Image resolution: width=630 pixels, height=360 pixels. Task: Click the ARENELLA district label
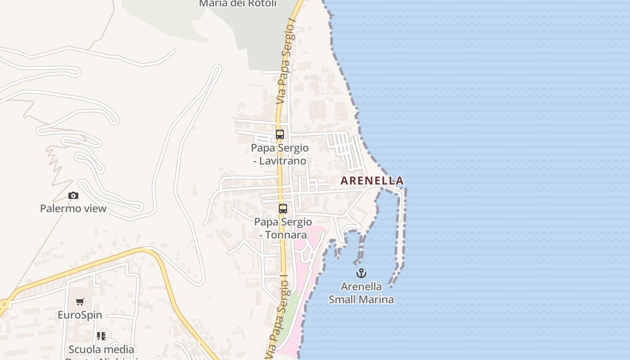click(x=372, y=181)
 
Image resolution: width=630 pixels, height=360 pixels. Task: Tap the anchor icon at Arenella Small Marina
click(x=361, y=273)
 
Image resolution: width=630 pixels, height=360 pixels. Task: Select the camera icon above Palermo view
click(x=73, y=195)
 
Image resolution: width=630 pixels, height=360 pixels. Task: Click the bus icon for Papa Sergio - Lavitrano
click(x=280, y=134)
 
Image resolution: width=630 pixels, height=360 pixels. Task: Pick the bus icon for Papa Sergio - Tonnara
click(x=283, y=209)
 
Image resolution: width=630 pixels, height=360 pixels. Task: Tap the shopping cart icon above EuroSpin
click(x=80, y=301)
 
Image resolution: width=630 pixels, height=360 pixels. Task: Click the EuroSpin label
click(x=80, y=315)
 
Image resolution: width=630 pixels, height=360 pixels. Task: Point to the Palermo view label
click(x=73, y=208)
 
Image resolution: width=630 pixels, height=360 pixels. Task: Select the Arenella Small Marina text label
click(x=361, y=293)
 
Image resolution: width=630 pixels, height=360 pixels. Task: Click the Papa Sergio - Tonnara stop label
click(x=283, y=228)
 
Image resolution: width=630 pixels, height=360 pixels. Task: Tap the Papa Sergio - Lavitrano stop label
click(x=280, y=154)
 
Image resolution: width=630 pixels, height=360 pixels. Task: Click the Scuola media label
click(x=101, y=349)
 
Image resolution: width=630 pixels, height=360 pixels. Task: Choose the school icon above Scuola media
click(x=101, y=336)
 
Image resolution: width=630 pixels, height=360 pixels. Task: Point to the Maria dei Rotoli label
click(x=238, y=4)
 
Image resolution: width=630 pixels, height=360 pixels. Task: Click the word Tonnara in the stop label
click(x=286, y=234)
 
